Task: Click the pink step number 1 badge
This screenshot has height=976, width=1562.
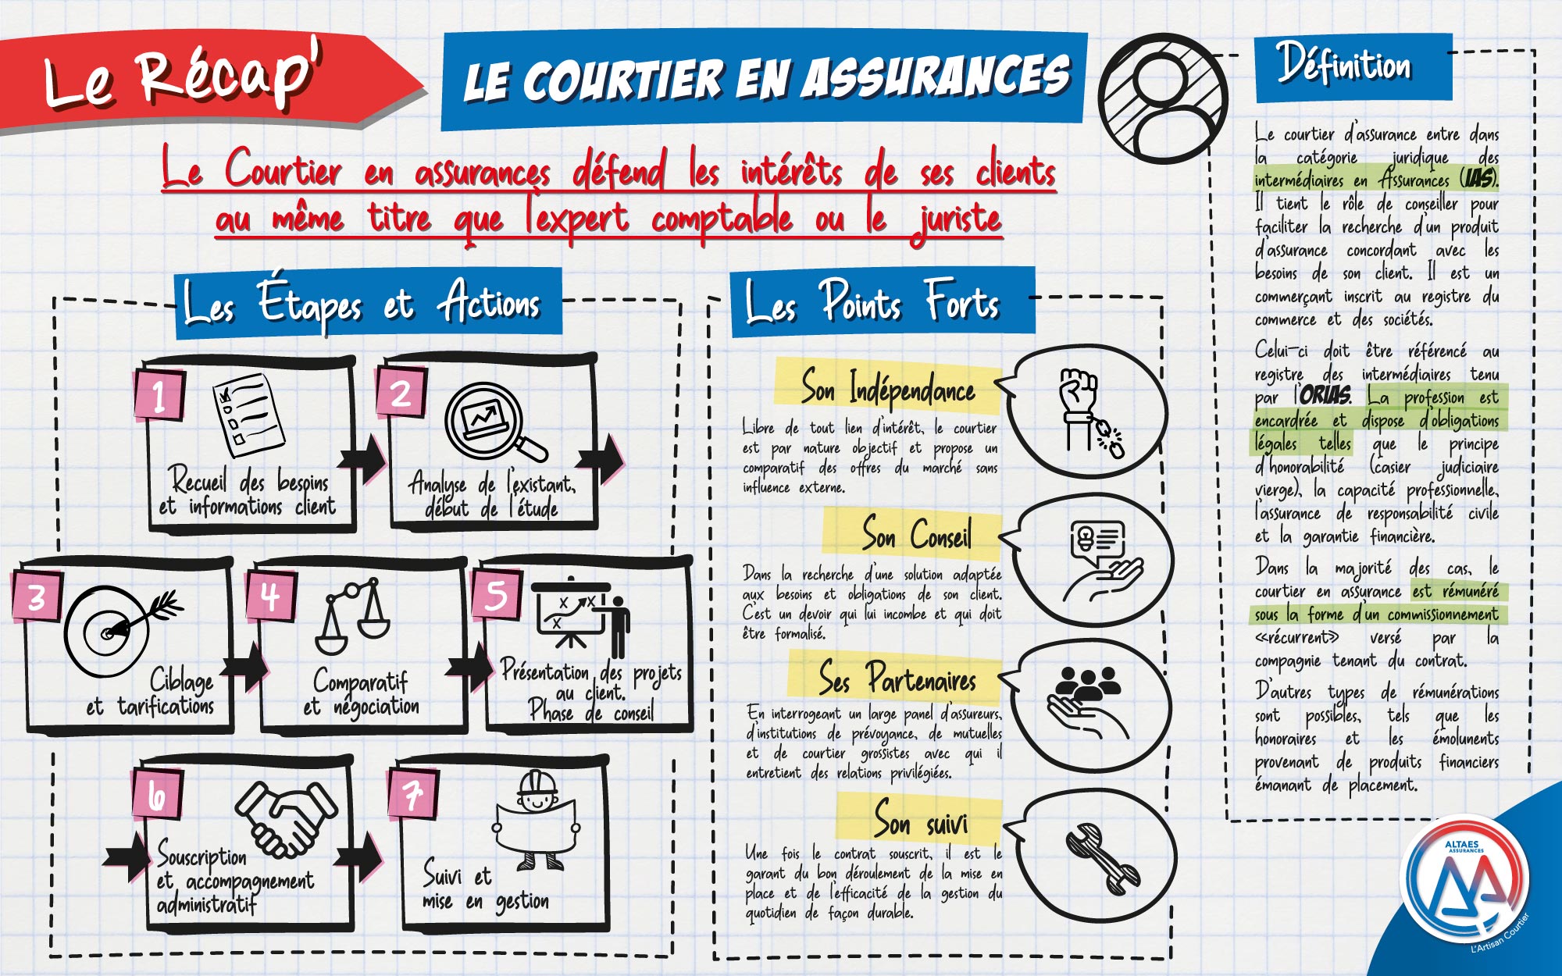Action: [159, 395]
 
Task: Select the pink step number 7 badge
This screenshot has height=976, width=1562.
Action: [412, 794]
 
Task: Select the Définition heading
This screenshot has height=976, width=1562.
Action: [1344, 65]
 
